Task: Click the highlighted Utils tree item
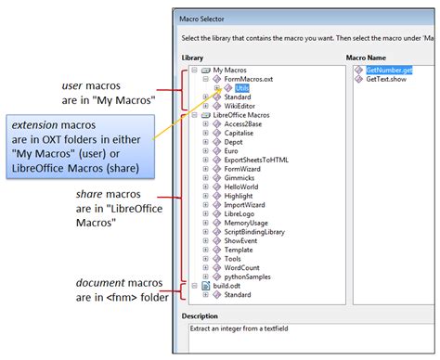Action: pos(242,87)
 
